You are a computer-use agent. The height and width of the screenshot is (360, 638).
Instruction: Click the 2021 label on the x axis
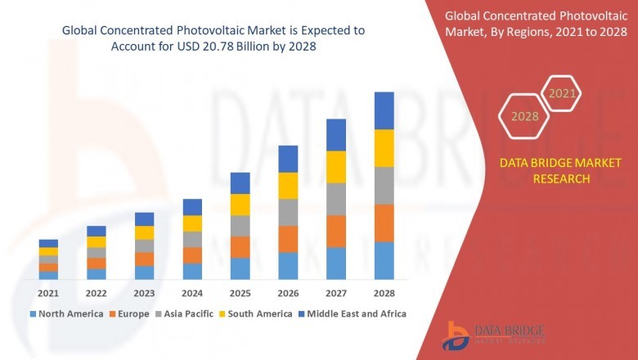[x=48, y=293]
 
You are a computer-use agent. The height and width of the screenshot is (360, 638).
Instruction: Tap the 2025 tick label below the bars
[x=240, y=293]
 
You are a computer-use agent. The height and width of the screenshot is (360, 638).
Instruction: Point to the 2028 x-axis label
[x=384, y=293]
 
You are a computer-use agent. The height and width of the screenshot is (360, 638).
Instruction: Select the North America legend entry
[x=66, y=313]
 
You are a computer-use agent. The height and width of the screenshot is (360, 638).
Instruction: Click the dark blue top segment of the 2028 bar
[x=384, y=110]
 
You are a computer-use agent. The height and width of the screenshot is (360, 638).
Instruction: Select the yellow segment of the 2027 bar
[x=335, y=167]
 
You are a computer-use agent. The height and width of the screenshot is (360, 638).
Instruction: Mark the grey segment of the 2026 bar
[x=288, y=212]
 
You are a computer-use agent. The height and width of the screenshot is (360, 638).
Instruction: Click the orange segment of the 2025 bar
[x=240, y=247]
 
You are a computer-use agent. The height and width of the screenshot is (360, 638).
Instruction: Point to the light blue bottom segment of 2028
[x=384, y=260]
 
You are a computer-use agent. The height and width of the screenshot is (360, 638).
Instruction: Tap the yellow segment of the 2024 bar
[x=192, y=223]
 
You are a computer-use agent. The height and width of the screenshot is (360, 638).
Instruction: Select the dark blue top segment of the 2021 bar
[x=48, y=243]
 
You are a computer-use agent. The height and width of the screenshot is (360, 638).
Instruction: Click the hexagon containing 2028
[x=524, y=116]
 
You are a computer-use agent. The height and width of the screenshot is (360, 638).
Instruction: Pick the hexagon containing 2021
[x=562, y=93]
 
